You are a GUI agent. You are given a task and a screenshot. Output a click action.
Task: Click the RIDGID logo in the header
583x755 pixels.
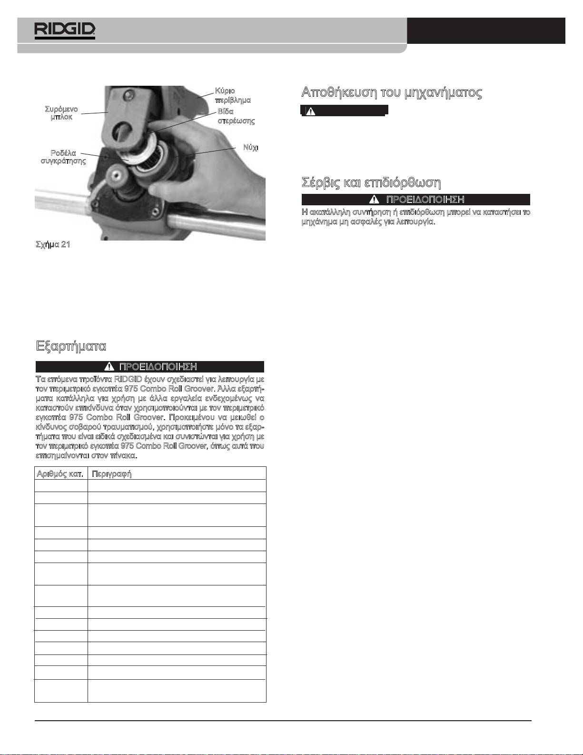pos(65,30)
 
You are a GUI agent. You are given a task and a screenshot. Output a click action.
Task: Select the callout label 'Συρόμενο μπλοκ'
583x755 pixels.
pos(61,113)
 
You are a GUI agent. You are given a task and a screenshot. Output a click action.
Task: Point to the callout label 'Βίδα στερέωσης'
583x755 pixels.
pos(236,116)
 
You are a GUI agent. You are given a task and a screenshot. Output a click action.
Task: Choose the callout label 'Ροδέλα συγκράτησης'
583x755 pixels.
pos(63,157)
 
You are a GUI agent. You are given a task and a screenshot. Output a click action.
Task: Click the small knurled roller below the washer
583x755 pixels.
pos(117,172)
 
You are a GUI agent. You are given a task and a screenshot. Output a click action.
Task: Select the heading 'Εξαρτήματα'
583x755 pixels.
pos(71,345)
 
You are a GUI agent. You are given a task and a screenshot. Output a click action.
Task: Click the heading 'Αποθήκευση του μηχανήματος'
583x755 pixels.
pos(392,92)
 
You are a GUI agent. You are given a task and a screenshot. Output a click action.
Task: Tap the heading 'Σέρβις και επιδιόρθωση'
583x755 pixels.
pos(372,182)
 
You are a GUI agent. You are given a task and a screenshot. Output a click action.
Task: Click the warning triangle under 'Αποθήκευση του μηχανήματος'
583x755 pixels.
pos(310,111)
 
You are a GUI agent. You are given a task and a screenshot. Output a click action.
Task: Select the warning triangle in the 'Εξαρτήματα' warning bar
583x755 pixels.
pos(109,366)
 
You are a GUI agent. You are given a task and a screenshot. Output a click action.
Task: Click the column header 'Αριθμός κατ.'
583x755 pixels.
pos(61,473)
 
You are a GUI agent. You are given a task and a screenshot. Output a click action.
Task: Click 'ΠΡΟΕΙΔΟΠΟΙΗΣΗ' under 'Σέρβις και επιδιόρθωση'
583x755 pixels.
pos(425,199)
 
